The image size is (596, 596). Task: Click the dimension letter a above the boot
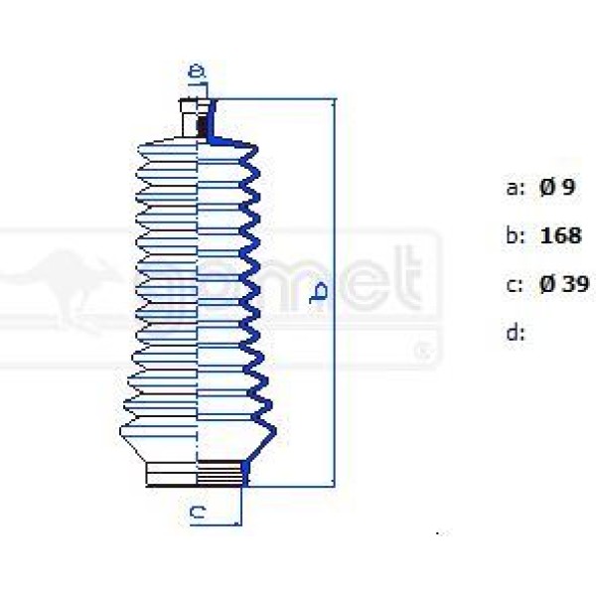point(197,72)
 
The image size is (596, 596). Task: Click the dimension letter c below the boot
point(198,513)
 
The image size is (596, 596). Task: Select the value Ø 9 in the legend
point(558,188)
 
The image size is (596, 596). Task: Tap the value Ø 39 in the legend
point(563,285)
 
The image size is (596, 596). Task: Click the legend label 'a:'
point(515,188)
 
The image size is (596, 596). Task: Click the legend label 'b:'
point(515,236)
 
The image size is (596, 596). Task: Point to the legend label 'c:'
point(515,285)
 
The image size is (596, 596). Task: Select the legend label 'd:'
point(515,333)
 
